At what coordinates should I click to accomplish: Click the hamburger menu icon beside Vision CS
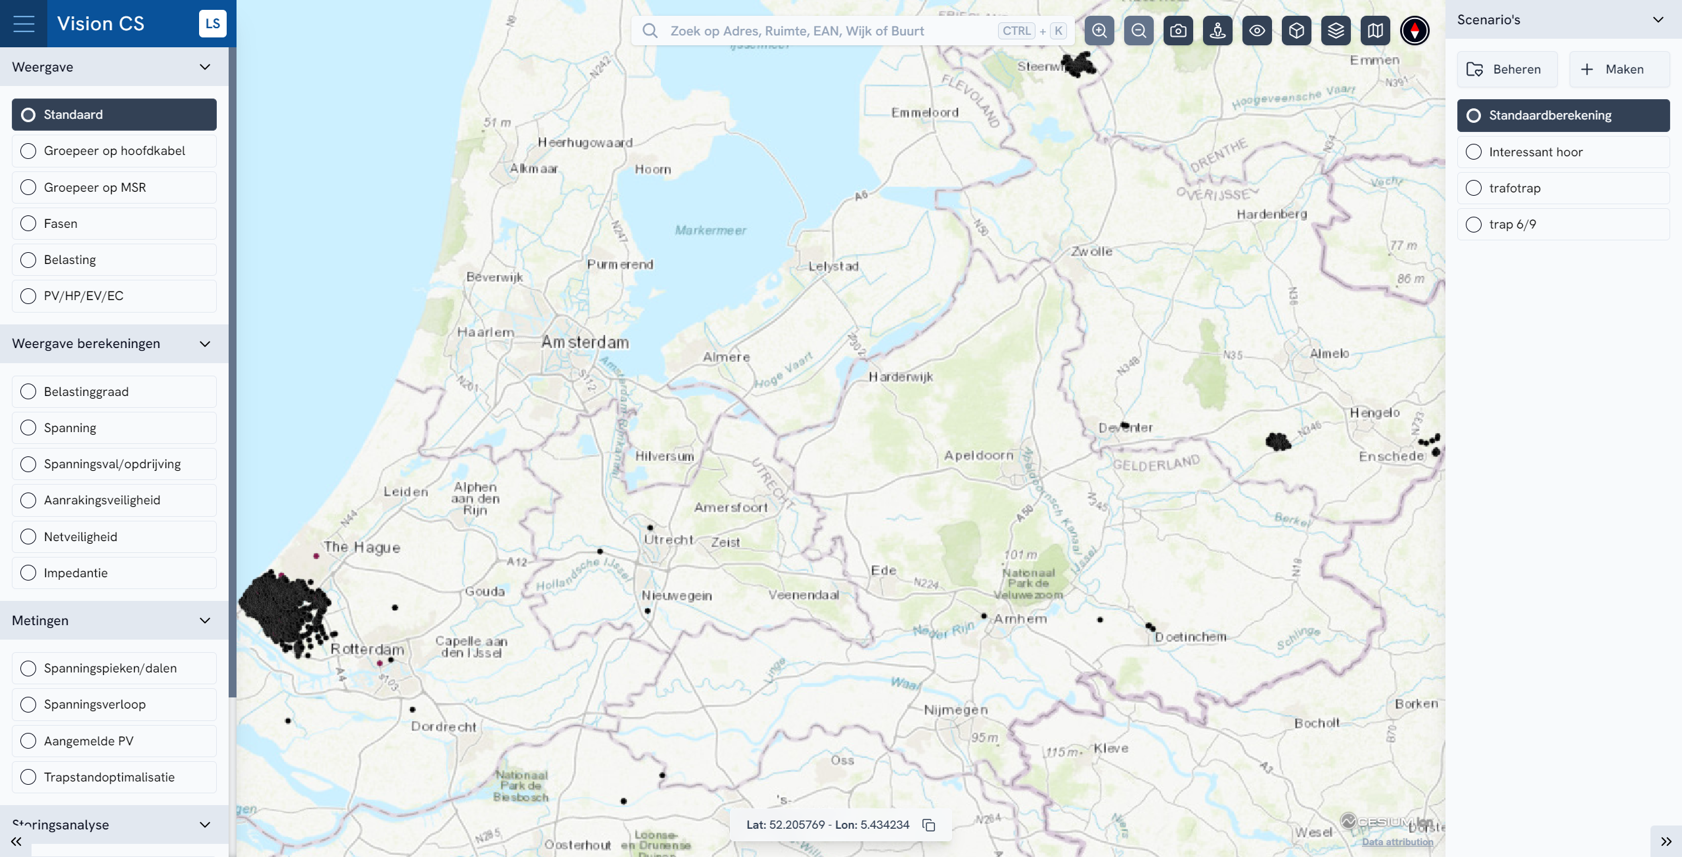click(x=24, y=24)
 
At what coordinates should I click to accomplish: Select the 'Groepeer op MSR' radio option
click(x=28, y=188)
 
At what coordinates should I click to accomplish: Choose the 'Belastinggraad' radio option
click(x=28, y=392)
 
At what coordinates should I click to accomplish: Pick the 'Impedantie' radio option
click(x=28, y=573)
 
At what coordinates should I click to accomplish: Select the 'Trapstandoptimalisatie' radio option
click(x=28, y=778)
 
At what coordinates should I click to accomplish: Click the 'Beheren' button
click(x=1507, y=70)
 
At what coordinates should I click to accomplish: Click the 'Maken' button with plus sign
click(x=1619, y=70)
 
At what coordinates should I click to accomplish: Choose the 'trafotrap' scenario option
click(x=1474, y=188)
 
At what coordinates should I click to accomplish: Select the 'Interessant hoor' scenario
click(x=1474, y=152)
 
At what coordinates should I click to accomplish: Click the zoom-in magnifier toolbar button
click(x=1099, y=31)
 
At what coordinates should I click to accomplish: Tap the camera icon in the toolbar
click(x=1178, y=31)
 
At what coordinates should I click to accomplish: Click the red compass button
click(x=1415, y=31)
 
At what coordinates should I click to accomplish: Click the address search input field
click(x=828, y=31)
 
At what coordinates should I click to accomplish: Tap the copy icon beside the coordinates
click(x=929, y=825)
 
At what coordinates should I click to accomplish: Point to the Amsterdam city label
click(x=585, y=342)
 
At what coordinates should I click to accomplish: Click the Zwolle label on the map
click(x=1091, y=252)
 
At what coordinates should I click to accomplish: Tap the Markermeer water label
click(x=710, y=231)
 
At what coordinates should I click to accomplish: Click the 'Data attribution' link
click(x=1398, y=842)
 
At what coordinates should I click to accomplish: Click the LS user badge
click(x=212, y=24)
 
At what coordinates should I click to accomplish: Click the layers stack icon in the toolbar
click(x=1336, y=31)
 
